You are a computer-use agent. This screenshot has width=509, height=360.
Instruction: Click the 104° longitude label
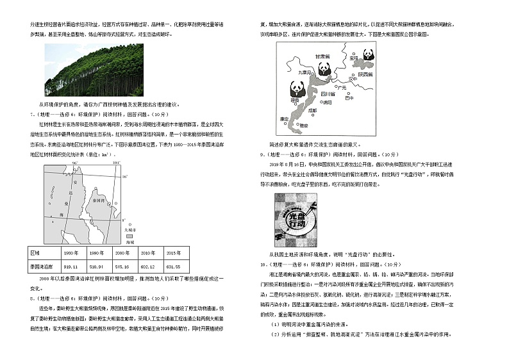[x=115, y=164]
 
